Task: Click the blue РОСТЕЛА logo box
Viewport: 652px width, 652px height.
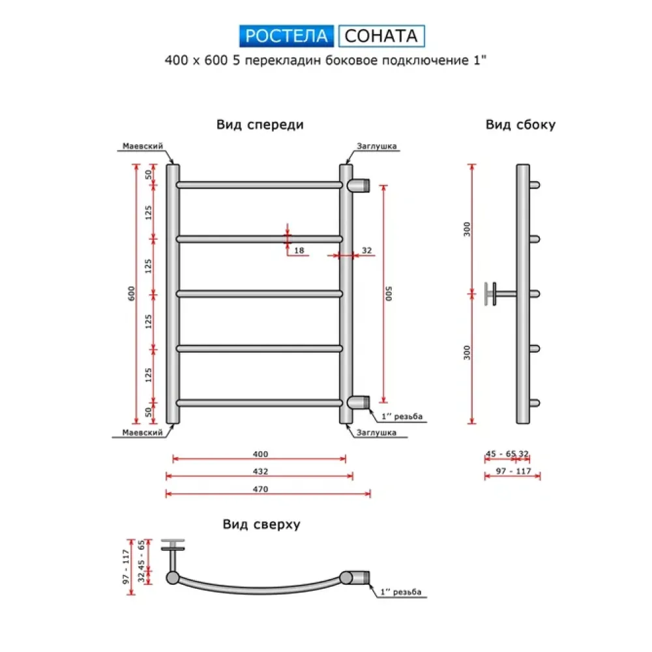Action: click(x=286, y=35)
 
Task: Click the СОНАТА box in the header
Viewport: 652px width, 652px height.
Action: click(x=381, y=35)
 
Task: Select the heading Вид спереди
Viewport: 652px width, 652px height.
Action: click(x=260, y=125)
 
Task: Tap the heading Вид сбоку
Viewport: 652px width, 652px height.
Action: click(x=520, y=125)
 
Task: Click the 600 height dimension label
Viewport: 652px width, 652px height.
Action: click(x=132, y=293)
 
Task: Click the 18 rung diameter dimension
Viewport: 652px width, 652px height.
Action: click(x=299, y=250)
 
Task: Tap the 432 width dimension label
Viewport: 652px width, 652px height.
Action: click(x=260, y=471)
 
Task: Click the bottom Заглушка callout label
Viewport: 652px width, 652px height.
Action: click(x=377, y=432)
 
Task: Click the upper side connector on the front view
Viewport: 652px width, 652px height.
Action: click(x=359, y=185)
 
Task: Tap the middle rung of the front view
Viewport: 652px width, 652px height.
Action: click(x=259, y=293)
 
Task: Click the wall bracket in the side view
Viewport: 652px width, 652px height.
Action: click(x=496, y=293)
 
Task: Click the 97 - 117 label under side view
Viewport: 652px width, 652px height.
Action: click(x=512, y=471)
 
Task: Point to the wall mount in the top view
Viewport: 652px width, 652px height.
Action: click(x=173, y=551)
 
